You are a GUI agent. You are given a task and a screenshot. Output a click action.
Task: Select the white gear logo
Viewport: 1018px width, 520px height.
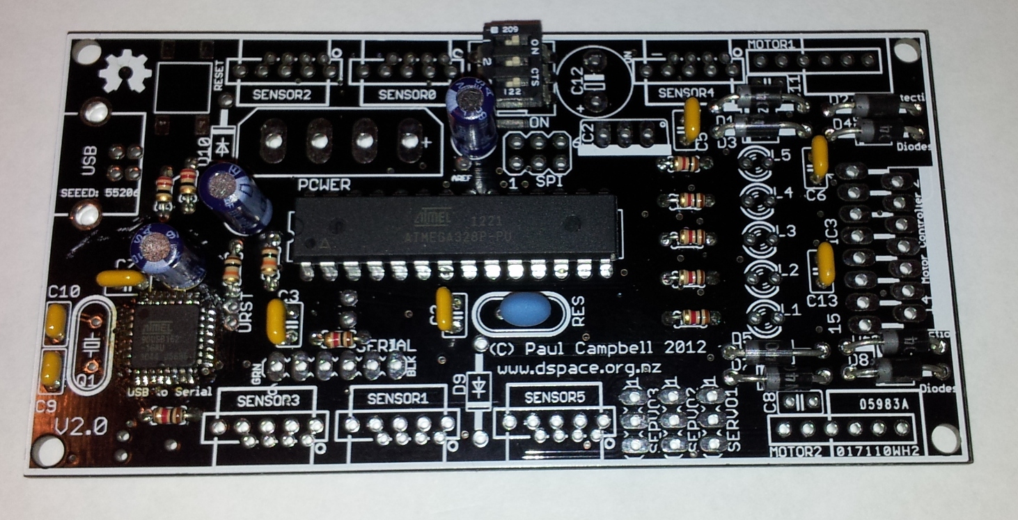[125, 73]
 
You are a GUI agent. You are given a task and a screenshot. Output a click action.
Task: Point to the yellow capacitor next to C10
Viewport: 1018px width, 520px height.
[54, 322]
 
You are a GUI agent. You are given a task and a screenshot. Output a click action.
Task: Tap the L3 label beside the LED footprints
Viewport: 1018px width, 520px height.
[785, 230]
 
